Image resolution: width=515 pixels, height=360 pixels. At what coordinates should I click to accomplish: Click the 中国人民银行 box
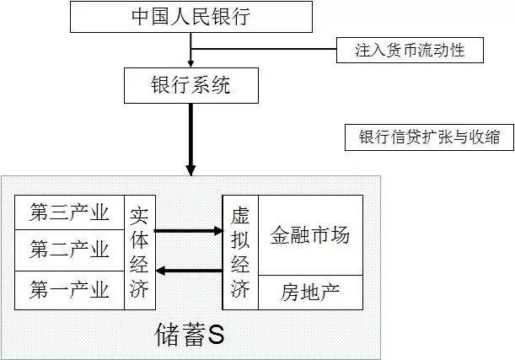[191, 17]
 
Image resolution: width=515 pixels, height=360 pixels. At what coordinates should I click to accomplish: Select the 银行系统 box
[191, 85]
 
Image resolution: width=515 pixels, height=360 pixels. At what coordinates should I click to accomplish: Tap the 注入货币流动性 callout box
[410, 50]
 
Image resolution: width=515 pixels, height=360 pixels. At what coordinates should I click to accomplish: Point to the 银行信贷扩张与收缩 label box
[429, 137]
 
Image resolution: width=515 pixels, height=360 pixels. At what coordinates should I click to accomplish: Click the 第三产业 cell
[69, 212]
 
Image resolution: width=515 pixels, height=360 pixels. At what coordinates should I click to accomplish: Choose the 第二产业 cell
[69, 250]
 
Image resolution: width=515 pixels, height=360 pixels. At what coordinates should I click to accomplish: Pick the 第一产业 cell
[69, 290]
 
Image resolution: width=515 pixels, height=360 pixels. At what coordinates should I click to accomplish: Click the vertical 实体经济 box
[140, 252]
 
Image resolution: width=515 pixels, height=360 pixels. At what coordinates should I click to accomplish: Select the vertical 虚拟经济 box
[240, 252]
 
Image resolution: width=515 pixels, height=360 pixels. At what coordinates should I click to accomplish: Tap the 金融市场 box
[310, 235]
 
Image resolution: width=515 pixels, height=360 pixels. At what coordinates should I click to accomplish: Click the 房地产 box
[310, 293]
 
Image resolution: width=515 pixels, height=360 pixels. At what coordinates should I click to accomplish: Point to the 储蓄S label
[190, 335]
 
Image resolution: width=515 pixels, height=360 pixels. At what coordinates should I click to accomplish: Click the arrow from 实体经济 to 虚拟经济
[189, 231]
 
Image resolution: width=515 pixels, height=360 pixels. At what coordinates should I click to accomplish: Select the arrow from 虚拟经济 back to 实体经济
[189, 271]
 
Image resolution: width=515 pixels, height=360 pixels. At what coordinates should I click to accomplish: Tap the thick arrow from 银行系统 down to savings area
[190, 140]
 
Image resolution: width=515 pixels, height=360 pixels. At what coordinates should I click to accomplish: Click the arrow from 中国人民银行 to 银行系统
[190, 50]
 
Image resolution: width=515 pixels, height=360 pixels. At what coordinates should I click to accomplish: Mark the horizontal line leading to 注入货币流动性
[264, 49]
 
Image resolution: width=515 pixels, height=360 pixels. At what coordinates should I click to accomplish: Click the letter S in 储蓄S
[216, 335]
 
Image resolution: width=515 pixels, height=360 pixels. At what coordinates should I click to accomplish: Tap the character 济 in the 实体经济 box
[139, 288]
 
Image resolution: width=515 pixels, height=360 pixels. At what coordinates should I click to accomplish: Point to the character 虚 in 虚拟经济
[240, 216]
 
